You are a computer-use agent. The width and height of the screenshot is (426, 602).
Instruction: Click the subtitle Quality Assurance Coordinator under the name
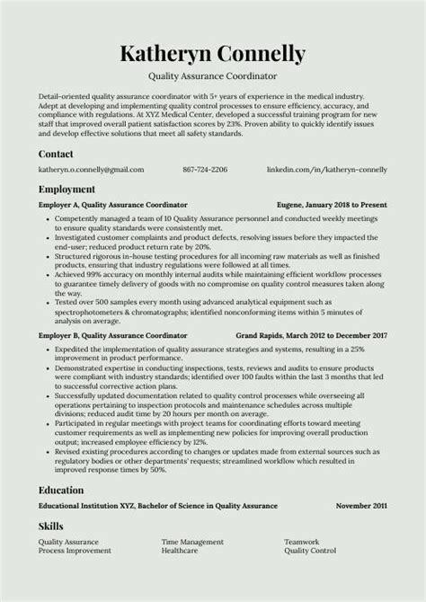click(212, 77)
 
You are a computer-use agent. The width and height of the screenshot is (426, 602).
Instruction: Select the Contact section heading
click(57, 154)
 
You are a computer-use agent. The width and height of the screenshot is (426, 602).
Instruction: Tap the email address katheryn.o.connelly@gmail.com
click(91, 169)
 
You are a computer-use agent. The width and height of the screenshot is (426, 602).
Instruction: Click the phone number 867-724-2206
click(205, 169)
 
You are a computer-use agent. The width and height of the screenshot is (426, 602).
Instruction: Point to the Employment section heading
click(67, 190)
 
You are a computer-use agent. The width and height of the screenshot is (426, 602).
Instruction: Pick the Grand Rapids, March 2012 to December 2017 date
click(311, 333)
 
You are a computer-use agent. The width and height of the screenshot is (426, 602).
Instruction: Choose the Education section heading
click(61, 491)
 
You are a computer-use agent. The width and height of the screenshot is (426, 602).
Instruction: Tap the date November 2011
click(361, 506)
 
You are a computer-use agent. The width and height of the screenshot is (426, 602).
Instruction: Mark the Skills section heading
click(51, 526)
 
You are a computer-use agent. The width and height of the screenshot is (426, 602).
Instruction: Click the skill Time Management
click(192, 542)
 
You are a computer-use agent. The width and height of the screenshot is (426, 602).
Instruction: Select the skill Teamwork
click(302, 542)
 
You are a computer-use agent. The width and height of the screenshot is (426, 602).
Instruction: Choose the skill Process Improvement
click(75, 551)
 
